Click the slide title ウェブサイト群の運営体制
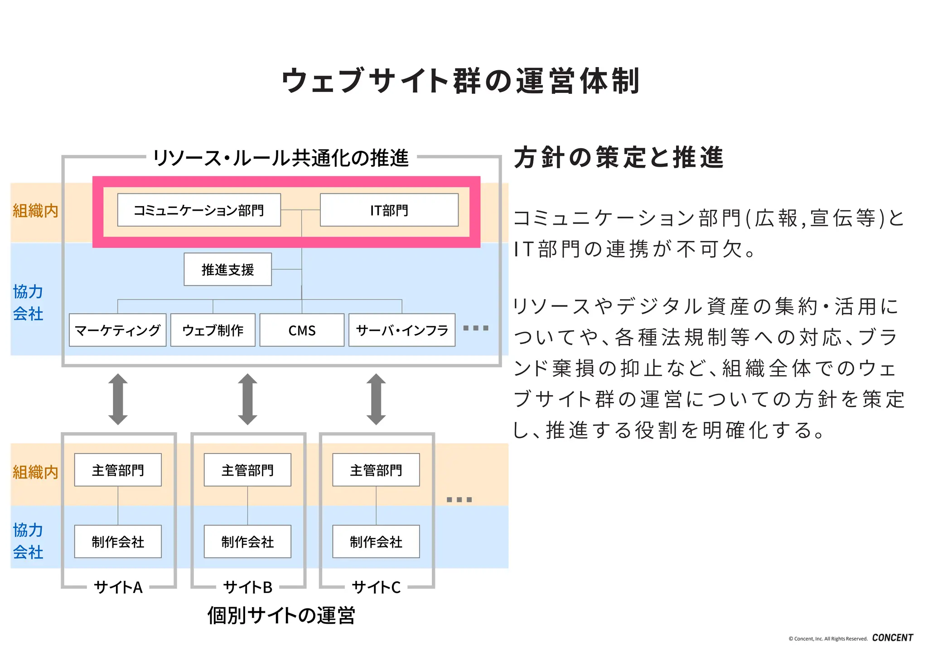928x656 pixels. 460,81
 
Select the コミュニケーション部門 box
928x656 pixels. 199,210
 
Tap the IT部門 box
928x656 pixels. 389,210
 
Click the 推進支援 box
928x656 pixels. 227,270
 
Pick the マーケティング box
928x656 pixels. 118,330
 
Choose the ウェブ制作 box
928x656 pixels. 213,330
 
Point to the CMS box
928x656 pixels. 302,330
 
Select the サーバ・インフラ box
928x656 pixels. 402,330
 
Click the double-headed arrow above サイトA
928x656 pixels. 118,399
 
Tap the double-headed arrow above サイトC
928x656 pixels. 376,399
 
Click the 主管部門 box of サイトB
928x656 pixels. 247,470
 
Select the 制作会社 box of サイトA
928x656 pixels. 118,542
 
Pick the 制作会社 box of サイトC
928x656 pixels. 376,542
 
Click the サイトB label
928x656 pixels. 247,587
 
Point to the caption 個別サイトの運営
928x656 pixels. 281,615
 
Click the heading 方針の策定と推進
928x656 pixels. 618,158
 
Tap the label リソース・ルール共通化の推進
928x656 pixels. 281,158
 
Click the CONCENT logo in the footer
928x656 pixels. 892,638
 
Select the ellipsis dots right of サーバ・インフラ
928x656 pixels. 476,328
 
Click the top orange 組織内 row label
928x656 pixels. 35,211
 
